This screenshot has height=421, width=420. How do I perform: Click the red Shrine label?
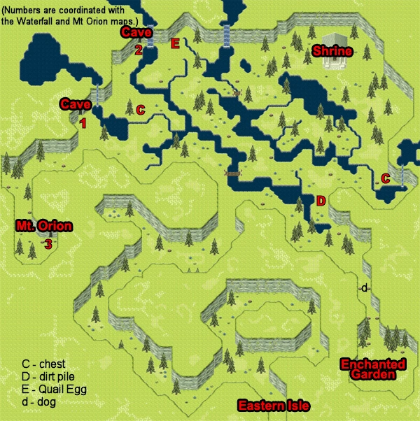[332, 51]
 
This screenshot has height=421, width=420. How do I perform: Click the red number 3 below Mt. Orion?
[48, 244]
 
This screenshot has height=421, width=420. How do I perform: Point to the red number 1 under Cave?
[83, 123]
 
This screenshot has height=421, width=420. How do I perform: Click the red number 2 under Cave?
[139, 50]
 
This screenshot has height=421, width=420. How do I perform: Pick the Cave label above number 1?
[75, 104]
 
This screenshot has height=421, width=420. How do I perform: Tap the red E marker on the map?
[175, 44]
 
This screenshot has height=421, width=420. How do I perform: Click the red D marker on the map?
[321, 201]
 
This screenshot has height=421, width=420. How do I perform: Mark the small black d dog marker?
[365, 288]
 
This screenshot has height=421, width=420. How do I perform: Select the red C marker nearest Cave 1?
[140, 110]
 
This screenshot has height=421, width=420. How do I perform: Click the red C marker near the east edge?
[386, 178]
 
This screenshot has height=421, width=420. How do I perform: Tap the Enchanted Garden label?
[372, 369]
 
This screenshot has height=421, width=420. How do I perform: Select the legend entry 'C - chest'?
[43, 364]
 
